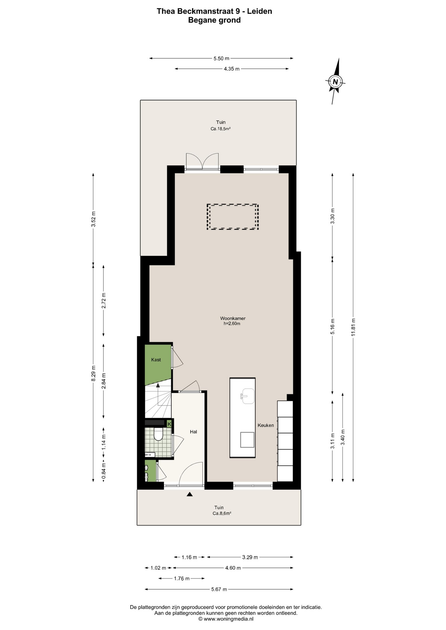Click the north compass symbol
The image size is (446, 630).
335,81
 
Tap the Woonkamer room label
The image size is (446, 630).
233,318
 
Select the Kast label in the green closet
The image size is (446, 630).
156,360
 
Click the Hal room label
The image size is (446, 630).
193,432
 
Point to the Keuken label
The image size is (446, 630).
266,425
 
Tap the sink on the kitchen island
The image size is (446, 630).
247,396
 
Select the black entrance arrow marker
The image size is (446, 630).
190,494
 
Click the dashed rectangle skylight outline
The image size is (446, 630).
233,217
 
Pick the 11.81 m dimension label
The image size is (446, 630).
353,327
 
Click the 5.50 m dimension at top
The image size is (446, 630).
221,58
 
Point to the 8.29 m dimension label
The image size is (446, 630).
93,373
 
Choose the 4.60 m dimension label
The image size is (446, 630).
233,568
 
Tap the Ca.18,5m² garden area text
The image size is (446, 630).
220,129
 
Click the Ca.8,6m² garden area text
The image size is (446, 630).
222,514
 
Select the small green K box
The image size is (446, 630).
169,424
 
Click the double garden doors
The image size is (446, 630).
202,161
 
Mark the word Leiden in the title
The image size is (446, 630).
259,11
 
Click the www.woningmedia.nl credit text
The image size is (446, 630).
229,619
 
